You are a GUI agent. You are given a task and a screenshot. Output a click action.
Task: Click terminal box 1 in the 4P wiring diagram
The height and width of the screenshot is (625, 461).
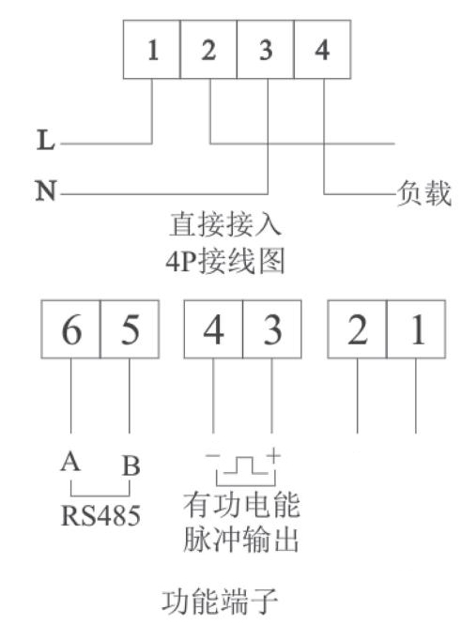point(151,50)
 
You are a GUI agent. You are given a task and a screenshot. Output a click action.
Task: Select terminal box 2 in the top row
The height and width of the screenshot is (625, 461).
point(208,50)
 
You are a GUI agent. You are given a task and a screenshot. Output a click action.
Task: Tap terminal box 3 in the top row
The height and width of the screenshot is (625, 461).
point(266,50)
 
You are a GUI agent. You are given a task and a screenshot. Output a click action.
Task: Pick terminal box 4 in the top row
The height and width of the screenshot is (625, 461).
point(323,50)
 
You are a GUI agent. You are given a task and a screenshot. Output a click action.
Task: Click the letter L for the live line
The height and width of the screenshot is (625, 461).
point(45,140)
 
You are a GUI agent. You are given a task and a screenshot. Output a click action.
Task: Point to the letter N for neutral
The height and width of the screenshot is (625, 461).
point(45,191)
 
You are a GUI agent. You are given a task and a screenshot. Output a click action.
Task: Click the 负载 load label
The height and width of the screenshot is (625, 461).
point(424,193)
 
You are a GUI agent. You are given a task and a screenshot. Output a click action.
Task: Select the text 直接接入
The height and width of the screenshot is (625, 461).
point(225,224)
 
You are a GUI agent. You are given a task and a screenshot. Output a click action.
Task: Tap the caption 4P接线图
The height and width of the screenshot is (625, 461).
point(225,262)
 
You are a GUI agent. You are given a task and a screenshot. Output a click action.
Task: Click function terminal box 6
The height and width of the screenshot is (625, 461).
point(71,329)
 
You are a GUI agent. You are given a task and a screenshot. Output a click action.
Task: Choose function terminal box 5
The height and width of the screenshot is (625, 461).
point(130,329)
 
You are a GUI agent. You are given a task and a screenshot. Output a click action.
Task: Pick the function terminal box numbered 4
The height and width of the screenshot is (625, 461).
point(213,329)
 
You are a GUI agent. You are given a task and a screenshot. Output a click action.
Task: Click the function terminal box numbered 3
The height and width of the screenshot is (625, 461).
point(272,329)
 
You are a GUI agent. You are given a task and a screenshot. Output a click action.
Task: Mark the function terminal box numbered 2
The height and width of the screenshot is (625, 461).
point(358,329)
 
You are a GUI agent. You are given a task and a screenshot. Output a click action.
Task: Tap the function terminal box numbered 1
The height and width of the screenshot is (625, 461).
point(416,329)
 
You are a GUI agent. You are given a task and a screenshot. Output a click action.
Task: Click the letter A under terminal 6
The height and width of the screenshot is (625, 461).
point(70,462)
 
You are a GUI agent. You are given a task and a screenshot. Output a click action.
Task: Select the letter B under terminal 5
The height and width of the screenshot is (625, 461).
point(131,465)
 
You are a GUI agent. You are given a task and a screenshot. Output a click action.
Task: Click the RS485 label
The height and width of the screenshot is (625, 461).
point(100,515)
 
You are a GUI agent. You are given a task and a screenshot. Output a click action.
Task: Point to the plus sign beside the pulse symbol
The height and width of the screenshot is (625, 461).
point(274,455)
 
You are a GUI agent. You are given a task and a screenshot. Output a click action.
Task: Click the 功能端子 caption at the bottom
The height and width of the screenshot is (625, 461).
point(220,602)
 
